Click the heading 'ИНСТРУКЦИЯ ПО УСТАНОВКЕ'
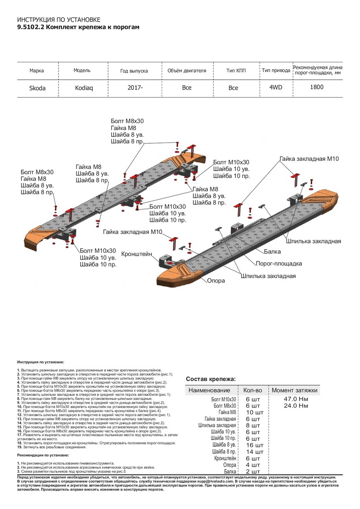(x=59, y=20)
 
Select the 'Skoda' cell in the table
(x=37, y=88)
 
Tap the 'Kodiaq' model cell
(x=81, y=88)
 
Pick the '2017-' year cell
(x=135, y=88)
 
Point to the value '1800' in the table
(x=316, y=87)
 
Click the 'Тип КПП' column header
(x=236, y=70)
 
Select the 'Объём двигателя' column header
(x=187, y=70)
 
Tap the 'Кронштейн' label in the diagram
(x=137, y=254)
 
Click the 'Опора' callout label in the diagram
(x=216, y=281)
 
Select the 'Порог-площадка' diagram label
(x=279, y=263)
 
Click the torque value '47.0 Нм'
(x=296, y=399)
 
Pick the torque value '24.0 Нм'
(x=296, y=406)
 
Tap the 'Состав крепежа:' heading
(x=210, y=379)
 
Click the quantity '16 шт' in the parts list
(x=255, y=445)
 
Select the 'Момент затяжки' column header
(x=294, y=390)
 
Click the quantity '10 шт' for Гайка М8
(x=255, y=412)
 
